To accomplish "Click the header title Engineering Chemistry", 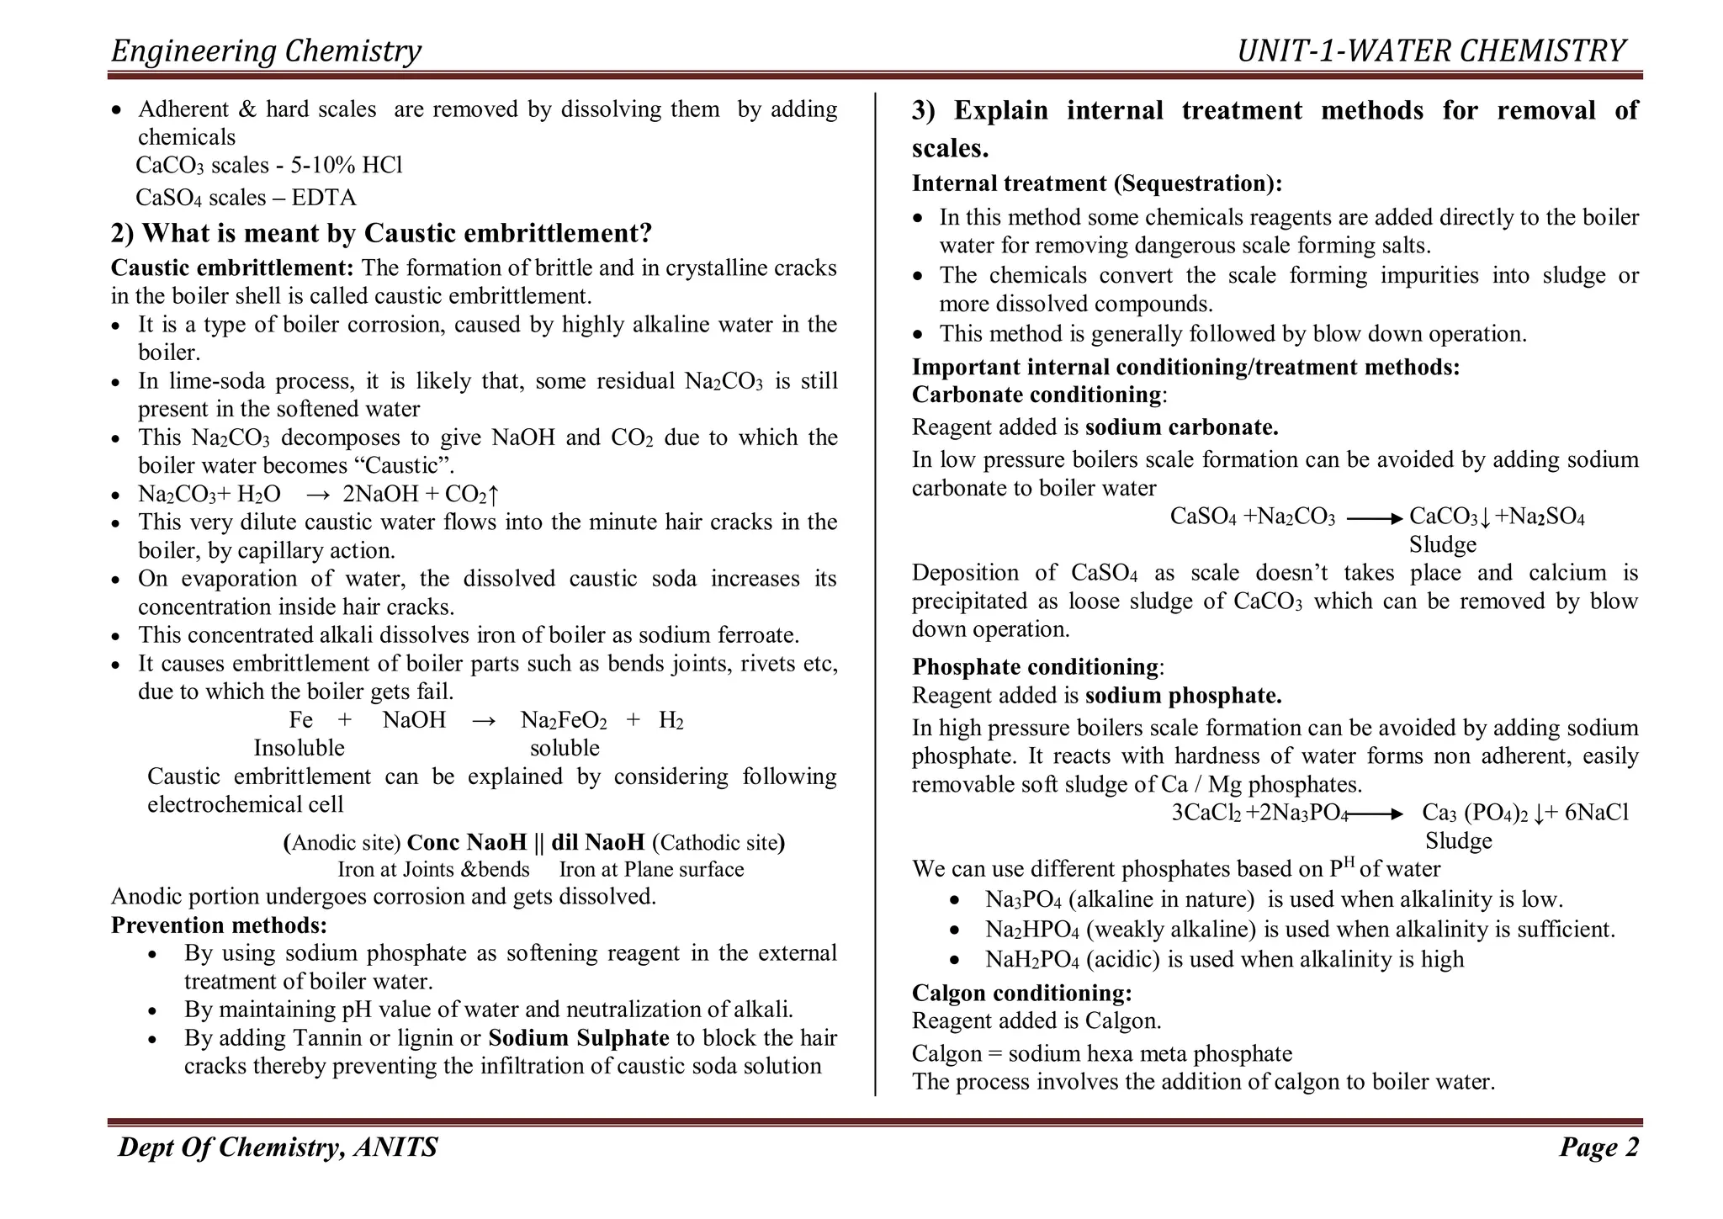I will pos(266,51).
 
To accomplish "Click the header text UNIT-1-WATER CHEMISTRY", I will pos(1430,51).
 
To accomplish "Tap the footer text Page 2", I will pos(1598,1147).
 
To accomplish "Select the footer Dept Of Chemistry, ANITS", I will pos(278,1147).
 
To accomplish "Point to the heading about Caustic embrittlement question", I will pos(381,233).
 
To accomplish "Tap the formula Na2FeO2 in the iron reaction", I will pos(564,720).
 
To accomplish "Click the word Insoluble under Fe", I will pos(299,748).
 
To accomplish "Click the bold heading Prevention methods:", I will pos(219,925).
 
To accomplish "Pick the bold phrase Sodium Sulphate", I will pos(578,1038).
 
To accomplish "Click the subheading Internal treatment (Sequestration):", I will pos(1097,183).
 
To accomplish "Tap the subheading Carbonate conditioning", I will pos(1036,395).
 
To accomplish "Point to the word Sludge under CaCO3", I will pos(1442,545).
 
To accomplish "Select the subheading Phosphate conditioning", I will pos(1035,667).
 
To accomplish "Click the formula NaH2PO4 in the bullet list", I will pos(1031,960).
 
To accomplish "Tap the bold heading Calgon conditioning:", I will pos(1021,994).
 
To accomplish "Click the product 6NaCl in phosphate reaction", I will pos(1596,813).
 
